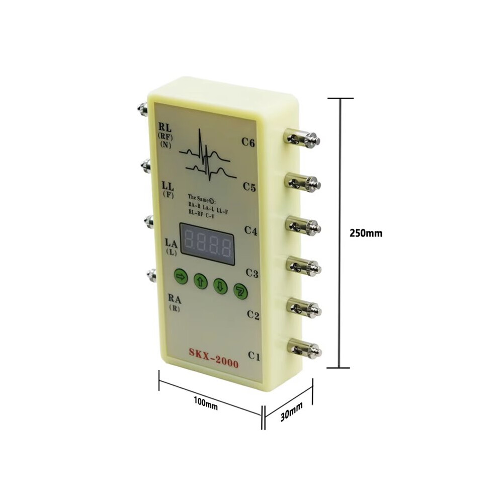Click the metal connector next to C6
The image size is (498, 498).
coord(303,139)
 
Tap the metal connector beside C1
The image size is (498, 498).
coord(305,349)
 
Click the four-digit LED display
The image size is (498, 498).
coord(207,244)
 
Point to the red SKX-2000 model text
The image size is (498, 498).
coord(213,358)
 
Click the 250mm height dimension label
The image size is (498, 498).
coord(366,233)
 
